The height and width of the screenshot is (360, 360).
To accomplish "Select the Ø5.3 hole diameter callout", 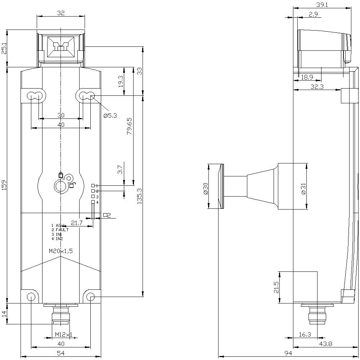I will pos(110,116).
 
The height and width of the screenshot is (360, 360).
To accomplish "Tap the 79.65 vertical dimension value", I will pos(129,126).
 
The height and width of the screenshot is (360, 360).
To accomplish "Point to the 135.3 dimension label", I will pos(140,196).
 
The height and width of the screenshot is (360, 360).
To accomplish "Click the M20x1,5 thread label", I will pos(61,251).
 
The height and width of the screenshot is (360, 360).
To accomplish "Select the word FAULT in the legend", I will pos(62,230).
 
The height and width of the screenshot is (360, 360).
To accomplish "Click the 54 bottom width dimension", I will pos(61,354).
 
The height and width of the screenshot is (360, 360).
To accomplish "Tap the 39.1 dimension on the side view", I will pos(322,4).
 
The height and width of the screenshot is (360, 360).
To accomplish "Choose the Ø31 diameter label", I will pos(303,187).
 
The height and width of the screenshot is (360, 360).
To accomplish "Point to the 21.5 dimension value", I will pos(276,287).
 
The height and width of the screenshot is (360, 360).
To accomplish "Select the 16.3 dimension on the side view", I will pos(305,334).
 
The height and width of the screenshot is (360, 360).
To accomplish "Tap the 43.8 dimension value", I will pos(325,344).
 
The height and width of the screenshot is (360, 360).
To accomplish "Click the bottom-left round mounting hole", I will pos(31,297).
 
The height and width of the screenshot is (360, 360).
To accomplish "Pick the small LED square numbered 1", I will pos(93,185).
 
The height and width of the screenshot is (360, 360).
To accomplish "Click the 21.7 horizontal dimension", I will pos(77,223).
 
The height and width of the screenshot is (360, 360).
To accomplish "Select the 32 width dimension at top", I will pos(61,13).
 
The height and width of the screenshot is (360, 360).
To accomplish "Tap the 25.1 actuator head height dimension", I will pos(4,48).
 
